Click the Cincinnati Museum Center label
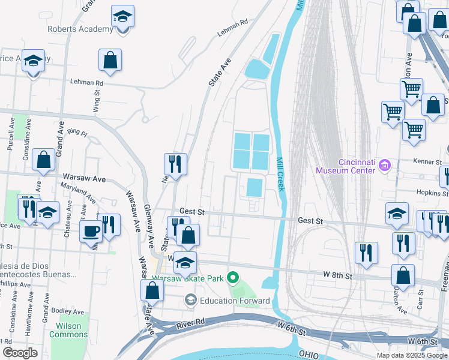click(x=348, y=166)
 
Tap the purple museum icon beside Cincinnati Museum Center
click(x=385, y=166)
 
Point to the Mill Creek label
click(x=280, y=174)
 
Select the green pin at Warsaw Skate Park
click(x=235, y=278)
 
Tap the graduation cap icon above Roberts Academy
click(x=123, y=16)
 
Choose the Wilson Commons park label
click(x=68, y=331)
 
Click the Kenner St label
click(x=427, y=162)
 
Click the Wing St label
click(x=96, y=102)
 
